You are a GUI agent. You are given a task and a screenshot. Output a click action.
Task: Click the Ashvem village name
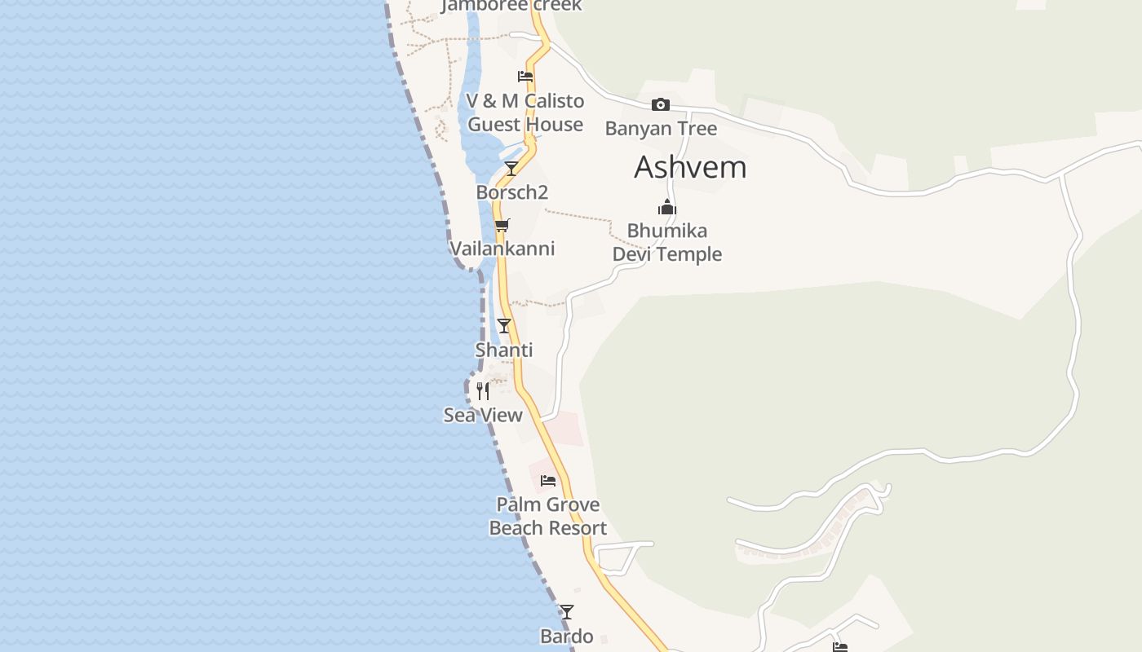pyautogui.click(x=690, y=167)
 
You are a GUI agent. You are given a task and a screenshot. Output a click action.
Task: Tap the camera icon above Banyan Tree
pyautogui.click(x=661, y=104)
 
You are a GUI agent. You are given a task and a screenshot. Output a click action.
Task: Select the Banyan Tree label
pyautogui.click(x=661, y=129)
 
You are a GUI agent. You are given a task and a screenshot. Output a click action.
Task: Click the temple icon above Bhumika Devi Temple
pyautogui.click(x=667, y=207)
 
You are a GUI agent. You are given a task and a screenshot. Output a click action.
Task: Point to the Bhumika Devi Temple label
pyautogui.click(x=667, y=242)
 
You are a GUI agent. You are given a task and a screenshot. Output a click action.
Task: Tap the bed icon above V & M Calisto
pyautogui.click(x=525, y=77)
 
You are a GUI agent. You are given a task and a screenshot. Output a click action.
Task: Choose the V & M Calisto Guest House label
pyautogui.click(x=525, y=112)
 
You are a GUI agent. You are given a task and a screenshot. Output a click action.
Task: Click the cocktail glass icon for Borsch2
pyautogui.click(x=511, y=169)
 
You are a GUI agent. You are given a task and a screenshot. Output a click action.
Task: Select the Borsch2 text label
pyautogui.click(x=512, y=192)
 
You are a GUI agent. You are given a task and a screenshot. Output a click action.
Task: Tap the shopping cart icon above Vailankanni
pyautogui.click(x=502, y=225)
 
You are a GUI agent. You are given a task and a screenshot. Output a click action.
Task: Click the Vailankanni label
pyautogui.click(x=502, y=249)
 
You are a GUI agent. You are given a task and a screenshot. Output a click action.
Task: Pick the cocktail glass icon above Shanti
pyautogui.click(x=504, y=326)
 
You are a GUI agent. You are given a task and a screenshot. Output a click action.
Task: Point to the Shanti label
pyautogui.click(x=504, y=350)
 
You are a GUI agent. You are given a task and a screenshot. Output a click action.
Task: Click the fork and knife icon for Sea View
pyautogui.click(x=483, y=391)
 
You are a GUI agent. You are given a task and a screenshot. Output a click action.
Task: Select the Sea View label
pyautogui.click(x=483, y=415)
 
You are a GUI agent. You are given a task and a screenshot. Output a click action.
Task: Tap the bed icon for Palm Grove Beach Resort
pyautogui.click(x=548, y=481)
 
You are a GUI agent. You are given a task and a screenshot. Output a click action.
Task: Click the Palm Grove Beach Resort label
pyautogui.click(x=548, y=516)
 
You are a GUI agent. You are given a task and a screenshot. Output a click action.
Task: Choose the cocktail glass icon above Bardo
pyautogui.click(x=566, y=612)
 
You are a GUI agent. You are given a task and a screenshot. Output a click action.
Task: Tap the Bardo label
pyautogui.click(x=566, y=636)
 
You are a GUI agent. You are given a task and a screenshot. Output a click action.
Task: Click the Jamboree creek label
pyautogui.click(x=511, y=6)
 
